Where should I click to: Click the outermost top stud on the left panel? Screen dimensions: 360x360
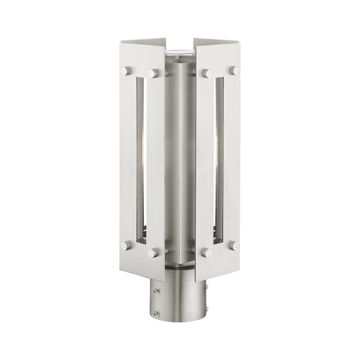(x=126, y=71)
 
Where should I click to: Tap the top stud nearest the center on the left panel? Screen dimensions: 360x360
(x=153, y=74)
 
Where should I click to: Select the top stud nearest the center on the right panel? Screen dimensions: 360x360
(x=207, y=74)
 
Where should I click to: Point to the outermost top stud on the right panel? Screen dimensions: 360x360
(x=235, y=71)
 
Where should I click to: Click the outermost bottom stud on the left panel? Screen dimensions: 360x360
(x=126, y=245)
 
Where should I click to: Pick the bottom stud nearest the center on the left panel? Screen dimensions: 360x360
(x=153, y=253)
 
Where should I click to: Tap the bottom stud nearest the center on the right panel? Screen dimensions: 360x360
(x=207, y=253)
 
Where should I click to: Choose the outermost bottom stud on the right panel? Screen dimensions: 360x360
(x=235, y=245)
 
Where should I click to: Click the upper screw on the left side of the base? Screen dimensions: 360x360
(x=156, y=291)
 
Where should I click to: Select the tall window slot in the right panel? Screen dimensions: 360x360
(x=220, y=159)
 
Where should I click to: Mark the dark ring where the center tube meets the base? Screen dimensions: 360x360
(x=180, y=267)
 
